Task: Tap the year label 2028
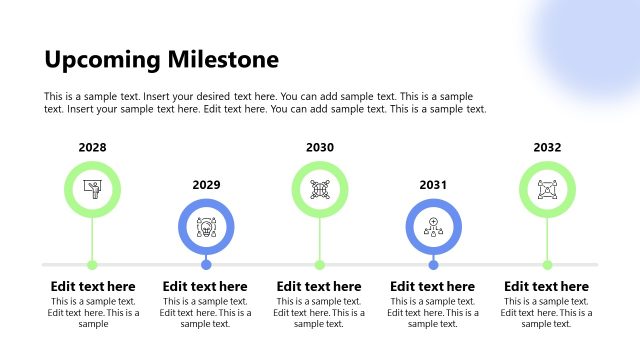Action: pyautogui.click(x=92, y=148)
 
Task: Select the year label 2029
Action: pyautogui.click(x=206, y=185)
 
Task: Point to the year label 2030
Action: pyautogui.click(x=320, y=148)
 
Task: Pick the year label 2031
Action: pyautogui.click(x=433, y=185)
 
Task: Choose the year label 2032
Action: pyautogui.click(x=547, y=148)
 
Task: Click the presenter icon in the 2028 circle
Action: pyautogui.click(x=92, y=189)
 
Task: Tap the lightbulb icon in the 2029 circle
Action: pyautogui.click(x=206, y=226)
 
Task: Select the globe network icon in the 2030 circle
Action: pyautogui.click(x=320, y=189)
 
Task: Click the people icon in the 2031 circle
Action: pyautogui.click(x=433, y=226)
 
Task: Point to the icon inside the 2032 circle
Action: pyautogui.click(x=547, y=189)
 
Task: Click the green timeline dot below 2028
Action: pyautogui.click(x=92, y=265)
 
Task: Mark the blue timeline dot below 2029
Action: pyautogui.click(x=206, y=265)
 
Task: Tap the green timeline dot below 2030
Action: pyautogui.click(x=320, y=265)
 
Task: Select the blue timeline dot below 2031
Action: pyautogui.click(x=433, y=265)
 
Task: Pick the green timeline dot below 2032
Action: pyautogui.click(x=547, y=265)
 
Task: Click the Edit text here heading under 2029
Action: pyautogui.click(x=205, y=287)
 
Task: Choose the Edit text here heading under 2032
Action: pyautogui.click(x=546, y=287)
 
